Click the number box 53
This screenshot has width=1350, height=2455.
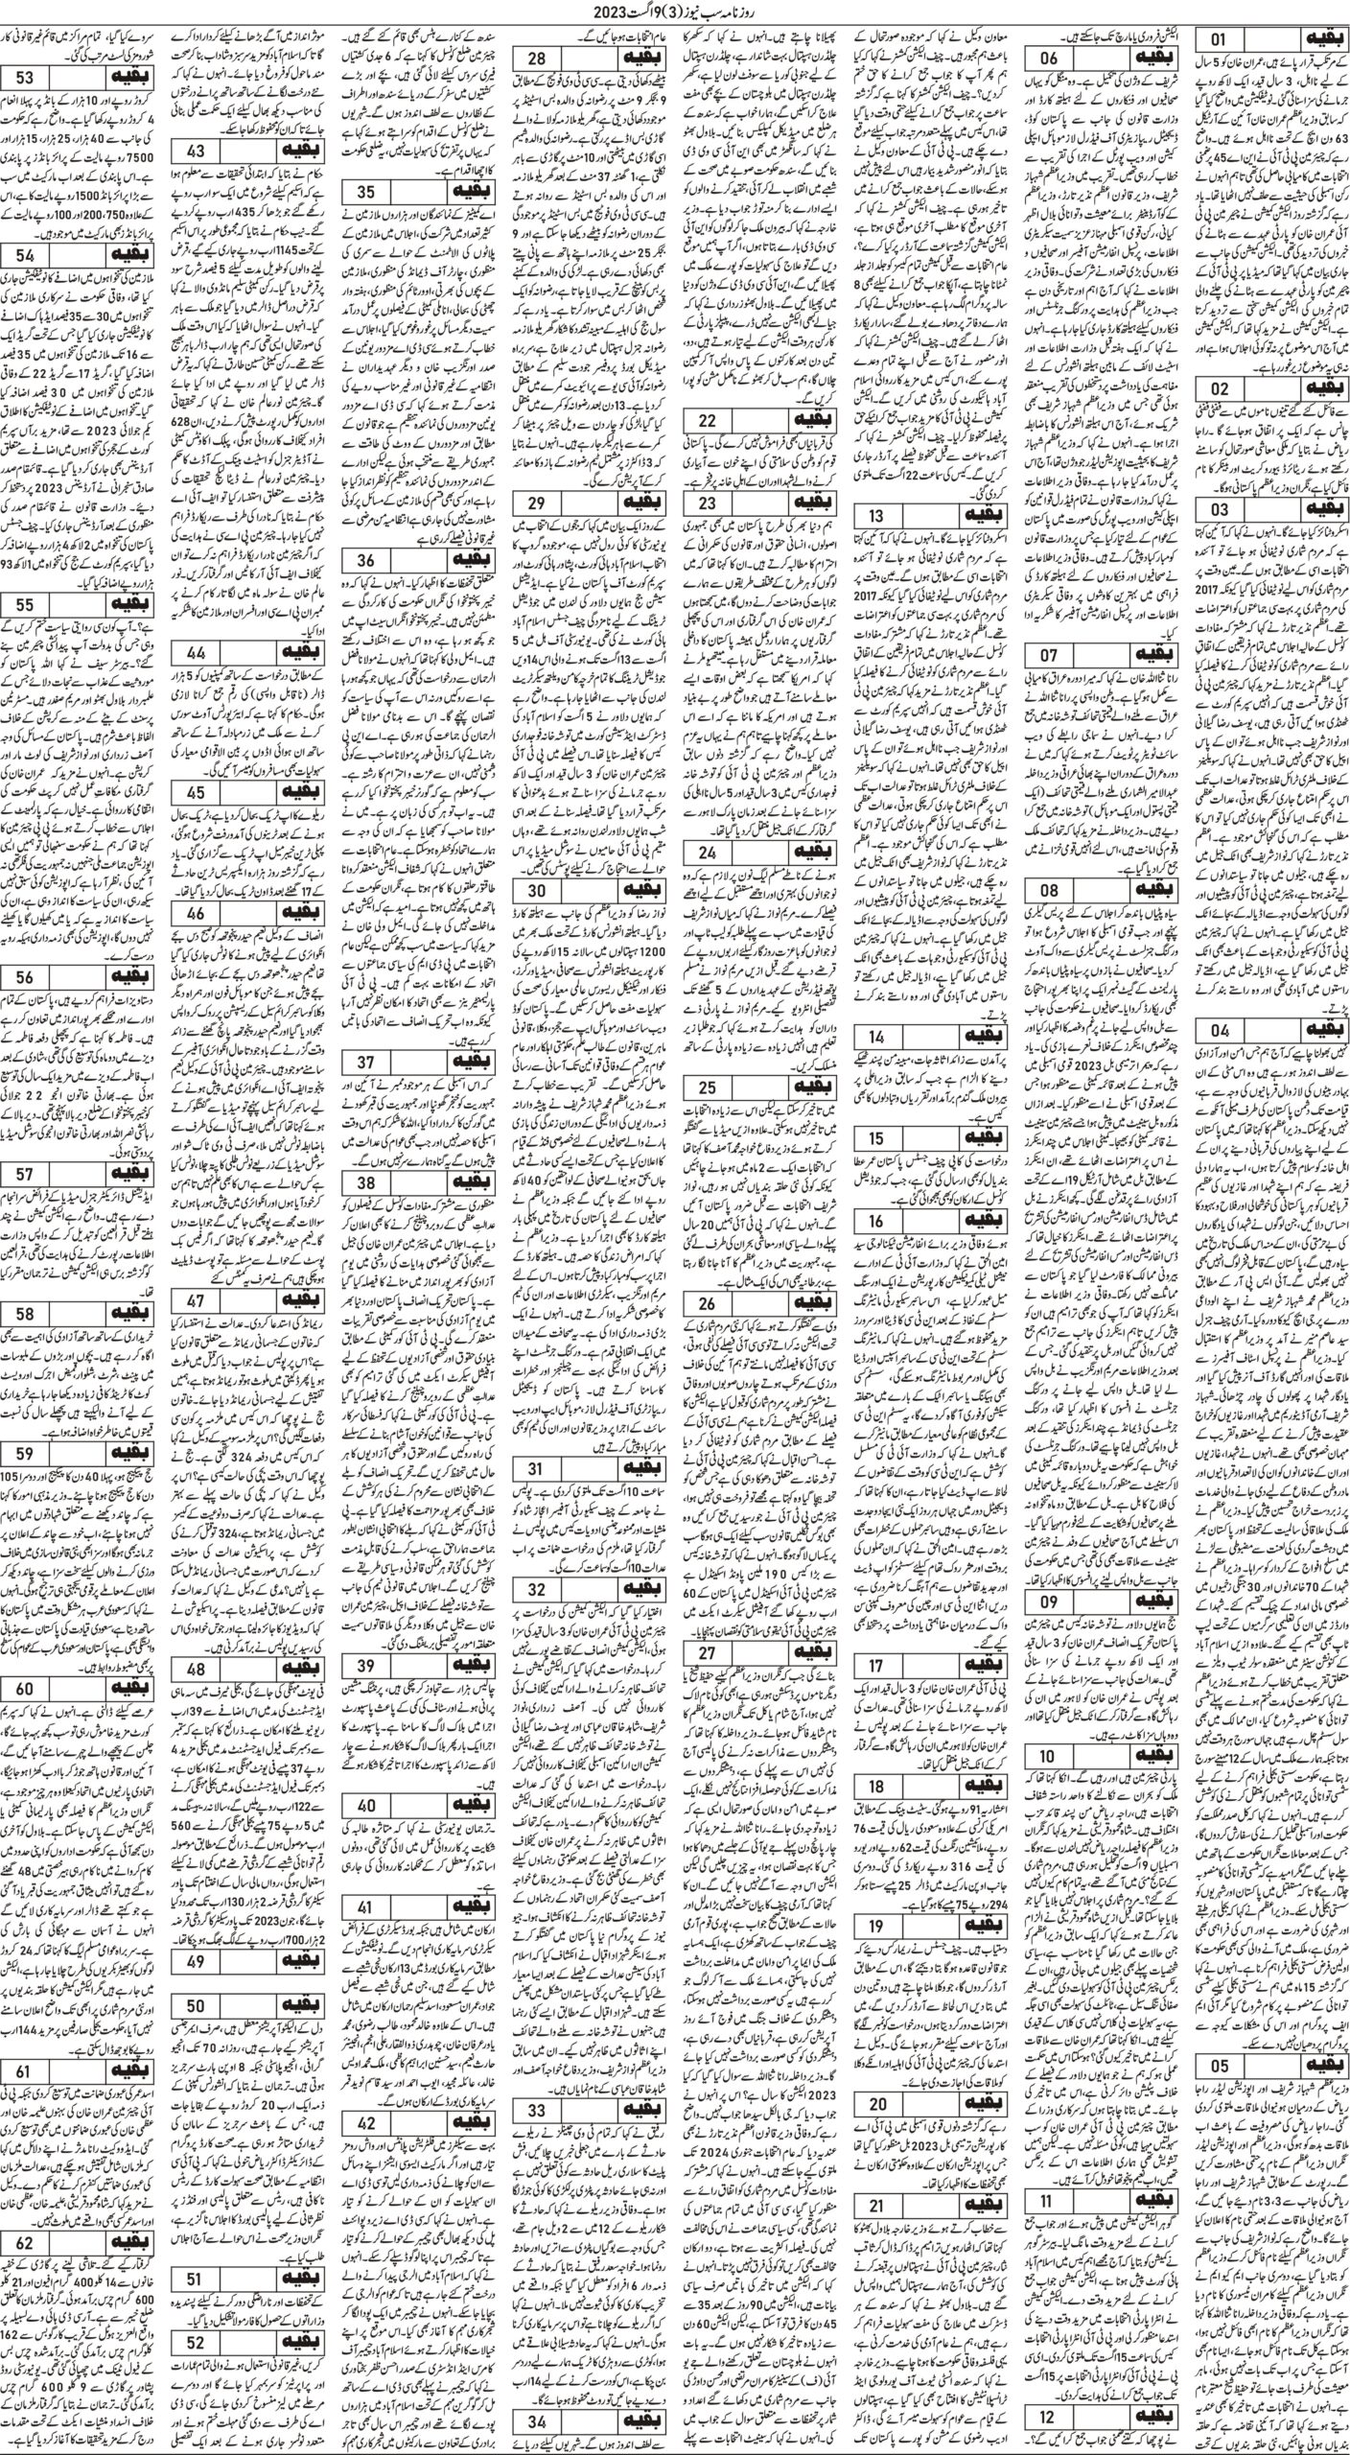coord(38,79)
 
